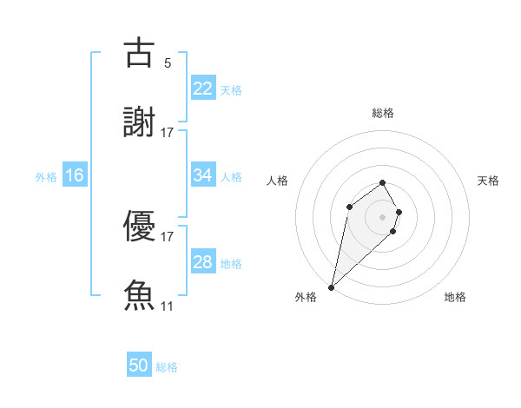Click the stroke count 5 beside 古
(x=168, y=63)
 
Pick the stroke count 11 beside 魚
(x=168, y=306)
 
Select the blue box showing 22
(x=202, y=88)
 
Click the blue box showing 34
(x=202, y=175)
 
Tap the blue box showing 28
(x=202, y=262)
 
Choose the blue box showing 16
(x=75, y=175)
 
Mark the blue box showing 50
(x=139, y=365)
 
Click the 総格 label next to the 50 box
(x=167, y=367)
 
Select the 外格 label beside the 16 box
(x=46, y=177)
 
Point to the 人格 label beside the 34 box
(x=231, y=177)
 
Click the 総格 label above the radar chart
(x=383, y=113)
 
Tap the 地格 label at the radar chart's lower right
(x=455, y=297)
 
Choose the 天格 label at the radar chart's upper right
(x=489, y=181)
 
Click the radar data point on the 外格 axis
(x=332, y=286)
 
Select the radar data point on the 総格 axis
(x=383, y=182)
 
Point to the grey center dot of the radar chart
(x=383, y=216)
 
